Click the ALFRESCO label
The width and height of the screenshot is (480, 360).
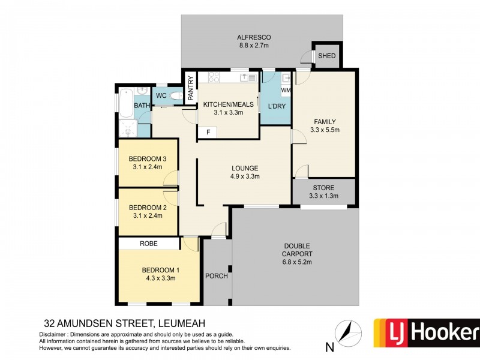point(249,37)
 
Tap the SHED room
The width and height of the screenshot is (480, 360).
point(327,56)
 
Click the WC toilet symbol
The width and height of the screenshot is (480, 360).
point(176,96)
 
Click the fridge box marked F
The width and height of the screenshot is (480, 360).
point(208,132)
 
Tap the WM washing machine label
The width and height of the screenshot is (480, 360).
point(286,91)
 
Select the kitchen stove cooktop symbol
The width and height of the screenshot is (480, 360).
point(212,77)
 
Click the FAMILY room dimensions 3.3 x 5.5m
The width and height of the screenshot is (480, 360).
point(325,129)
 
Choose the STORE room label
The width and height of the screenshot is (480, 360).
point(324,187)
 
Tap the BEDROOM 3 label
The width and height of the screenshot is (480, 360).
point(147,159)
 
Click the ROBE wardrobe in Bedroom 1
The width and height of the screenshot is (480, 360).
point(149,244)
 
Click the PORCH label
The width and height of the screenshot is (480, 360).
point(216,275)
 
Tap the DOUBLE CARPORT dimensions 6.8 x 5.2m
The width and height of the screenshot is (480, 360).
point(298,262)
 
